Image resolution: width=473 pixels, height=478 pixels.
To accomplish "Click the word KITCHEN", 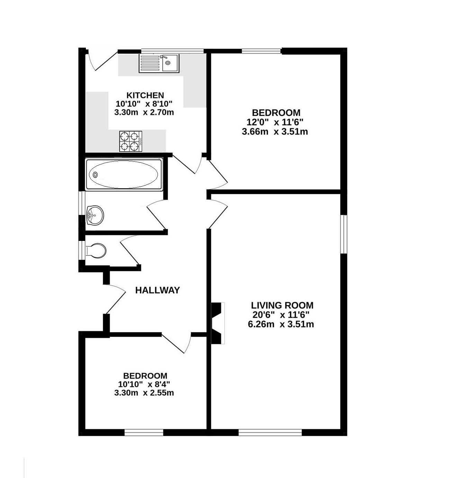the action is [x=145, y=95].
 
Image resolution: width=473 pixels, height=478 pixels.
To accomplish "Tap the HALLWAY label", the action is [x=157, y=290].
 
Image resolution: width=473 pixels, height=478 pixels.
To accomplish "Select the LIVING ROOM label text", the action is [x=282, y=305].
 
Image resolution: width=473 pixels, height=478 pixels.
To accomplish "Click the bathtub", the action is [x=124, y=174].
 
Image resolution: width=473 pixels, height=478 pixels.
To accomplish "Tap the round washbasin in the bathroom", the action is [x=95, y=215].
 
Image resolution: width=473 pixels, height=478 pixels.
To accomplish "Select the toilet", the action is [x=96, y=251].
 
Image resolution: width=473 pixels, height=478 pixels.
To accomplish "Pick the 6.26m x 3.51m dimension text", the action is [x=281, y=324].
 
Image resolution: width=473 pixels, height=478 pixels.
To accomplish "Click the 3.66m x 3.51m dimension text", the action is [x=275, y=132].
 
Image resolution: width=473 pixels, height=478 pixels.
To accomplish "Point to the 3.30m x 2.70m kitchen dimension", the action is [x=144, y=112].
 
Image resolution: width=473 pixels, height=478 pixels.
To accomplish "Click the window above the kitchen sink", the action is [x=172, y=51].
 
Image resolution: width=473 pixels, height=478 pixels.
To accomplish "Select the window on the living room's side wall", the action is [x=344, y=234].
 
